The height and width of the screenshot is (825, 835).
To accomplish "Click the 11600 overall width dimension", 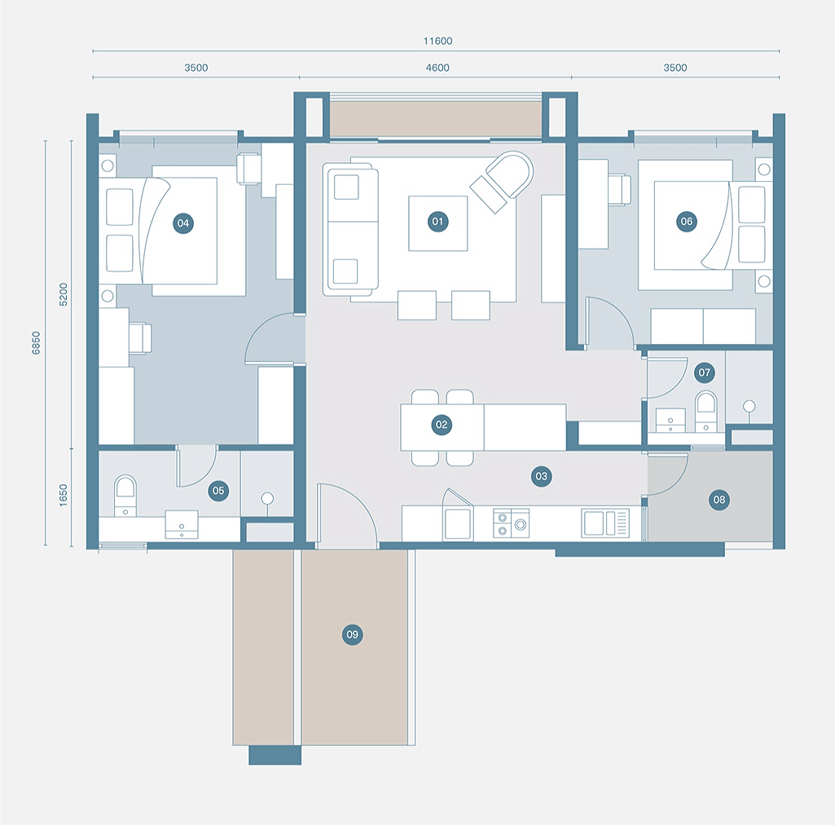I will coord(437,41).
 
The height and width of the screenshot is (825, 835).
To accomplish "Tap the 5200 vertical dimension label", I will coord(64,293).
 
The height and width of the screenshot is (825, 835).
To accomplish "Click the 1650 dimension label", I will coord(64,496).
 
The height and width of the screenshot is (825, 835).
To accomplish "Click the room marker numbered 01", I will coord(438,222).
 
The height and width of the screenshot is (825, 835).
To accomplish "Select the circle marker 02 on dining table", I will coord(442,425).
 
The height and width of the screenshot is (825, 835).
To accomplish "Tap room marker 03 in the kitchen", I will coord(540,477).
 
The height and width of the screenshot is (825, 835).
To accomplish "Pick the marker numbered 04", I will coord(182,223).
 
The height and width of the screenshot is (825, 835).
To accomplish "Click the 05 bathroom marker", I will coord(218,490).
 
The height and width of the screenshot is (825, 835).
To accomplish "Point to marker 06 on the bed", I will coord(686,222).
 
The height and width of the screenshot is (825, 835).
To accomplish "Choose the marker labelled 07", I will coord(705,373).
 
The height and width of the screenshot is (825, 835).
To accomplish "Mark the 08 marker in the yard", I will coord(718,501).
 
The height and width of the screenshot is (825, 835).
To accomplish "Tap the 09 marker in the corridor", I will coord(352,634).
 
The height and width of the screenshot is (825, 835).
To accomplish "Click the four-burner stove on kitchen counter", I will coord(512,523).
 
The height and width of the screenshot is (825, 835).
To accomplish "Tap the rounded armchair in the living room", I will coord(501,182).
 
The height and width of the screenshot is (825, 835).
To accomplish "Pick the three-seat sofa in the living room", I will coord(350,229).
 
